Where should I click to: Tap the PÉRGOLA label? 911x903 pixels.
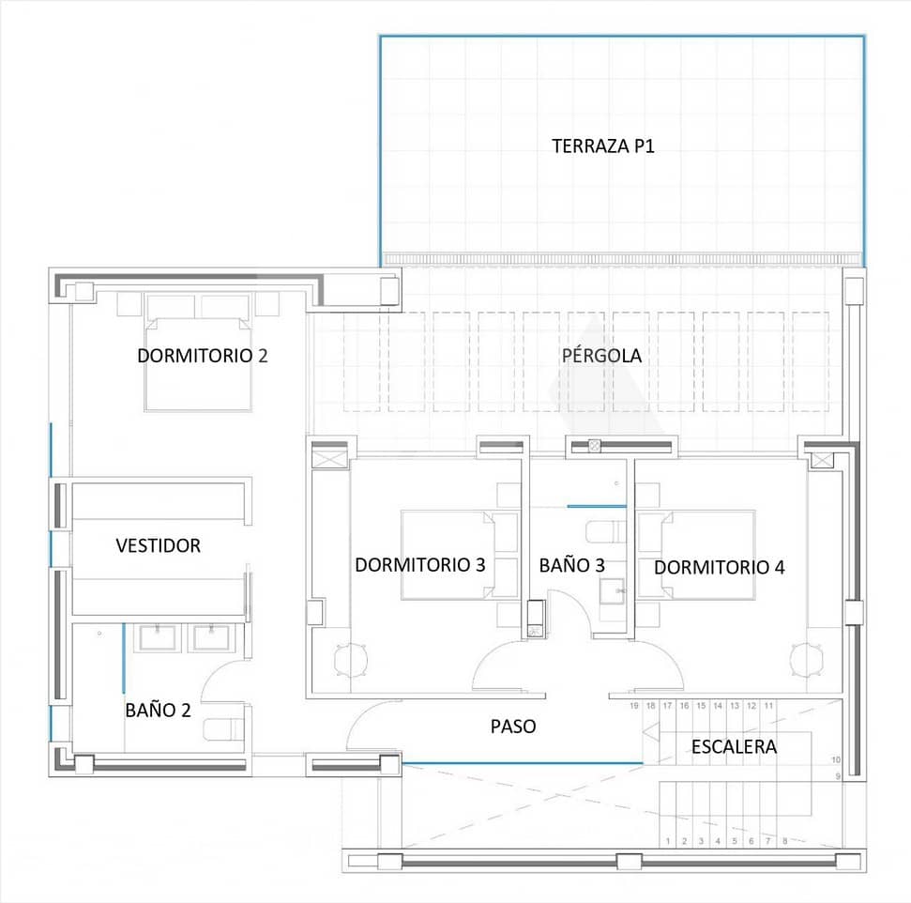(x=601, y=356)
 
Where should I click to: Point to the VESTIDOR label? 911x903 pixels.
(x=158, y=545)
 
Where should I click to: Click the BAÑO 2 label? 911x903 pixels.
(x=158, y=711)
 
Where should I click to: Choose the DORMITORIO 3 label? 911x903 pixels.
(x=419, y=565)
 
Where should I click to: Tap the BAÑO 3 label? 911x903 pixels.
(x=571, y=565)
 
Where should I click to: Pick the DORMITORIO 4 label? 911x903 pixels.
(x=719, y=568)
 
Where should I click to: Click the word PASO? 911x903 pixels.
(x=513, y=727)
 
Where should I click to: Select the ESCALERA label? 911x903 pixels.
(x=734, y=747)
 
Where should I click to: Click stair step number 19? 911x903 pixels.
(x=634, y=706)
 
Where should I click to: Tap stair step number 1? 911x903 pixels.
(x=668, y=841)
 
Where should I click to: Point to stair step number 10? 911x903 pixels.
(x=836, y=760)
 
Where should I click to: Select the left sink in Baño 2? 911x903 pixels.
(x=156, y=638)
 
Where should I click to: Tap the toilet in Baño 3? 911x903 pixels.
(x=605, y=533)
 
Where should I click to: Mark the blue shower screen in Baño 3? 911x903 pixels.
(x=596, y=507)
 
